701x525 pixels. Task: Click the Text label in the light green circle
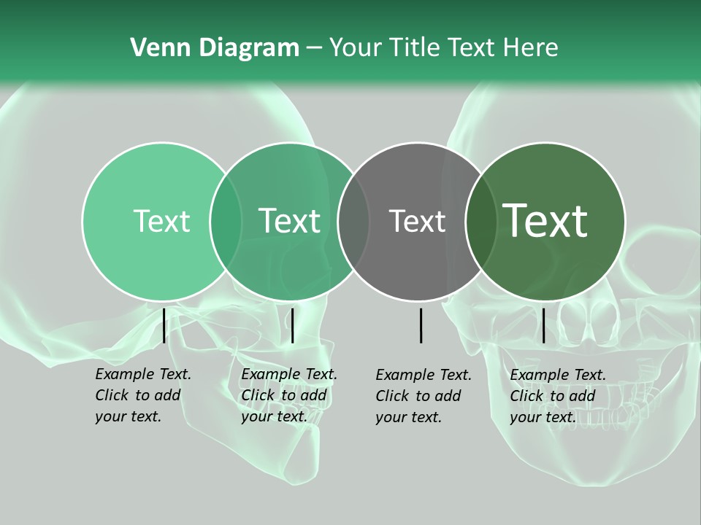coord(161,222)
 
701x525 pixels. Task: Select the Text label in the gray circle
coord(417,222)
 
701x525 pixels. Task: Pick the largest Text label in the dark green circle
coord(545,221)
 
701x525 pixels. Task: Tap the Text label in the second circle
coord(289,222)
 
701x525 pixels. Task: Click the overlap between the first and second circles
coord(226,222)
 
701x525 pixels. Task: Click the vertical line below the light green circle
coord(164,325)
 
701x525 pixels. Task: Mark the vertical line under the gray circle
coord(421,325)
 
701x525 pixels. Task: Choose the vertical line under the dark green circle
coord(543,325)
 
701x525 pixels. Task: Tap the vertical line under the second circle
coord(292,325)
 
